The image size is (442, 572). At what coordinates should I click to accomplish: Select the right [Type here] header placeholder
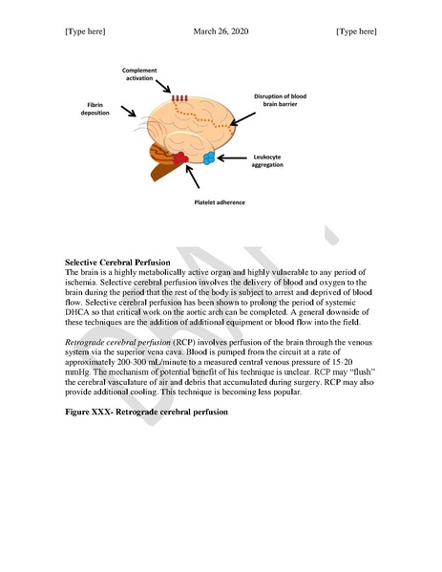click(356, 32)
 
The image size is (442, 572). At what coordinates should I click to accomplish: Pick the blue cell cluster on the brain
click(209, 157)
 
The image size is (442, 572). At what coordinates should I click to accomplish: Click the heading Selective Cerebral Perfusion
click(117, 261)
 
